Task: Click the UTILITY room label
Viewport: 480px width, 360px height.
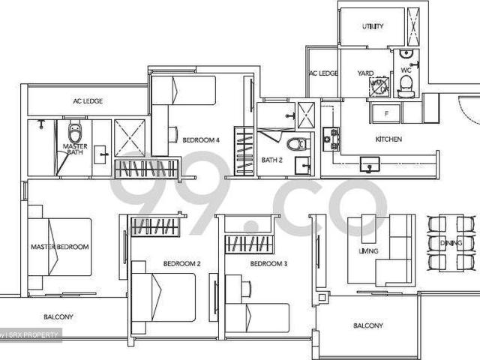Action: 373,27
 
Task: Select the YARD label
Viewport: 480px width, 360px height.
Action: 365,73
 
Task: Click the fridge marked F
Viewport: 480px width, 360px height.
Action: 385,113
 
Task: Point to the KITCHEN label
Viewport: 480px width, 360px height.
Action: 388,139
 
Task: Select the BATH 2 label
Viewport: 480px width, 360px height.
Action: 271,160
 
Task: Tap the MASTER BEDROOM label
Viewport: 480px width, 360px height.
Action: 60,247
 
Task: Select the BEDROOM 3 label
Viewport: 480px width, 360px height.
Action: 268,264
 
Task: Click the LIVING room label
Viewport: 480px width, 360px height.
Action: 368,251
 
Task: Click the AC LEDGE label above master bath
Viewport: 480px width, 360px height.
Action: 88,100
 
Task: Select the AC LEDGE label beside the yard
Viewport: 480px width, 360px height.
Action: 323,73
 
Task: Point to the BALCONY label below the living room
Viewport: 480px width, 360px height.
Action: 367,325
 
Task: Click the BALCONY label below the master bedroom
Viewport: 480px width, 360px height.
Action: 58,317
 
